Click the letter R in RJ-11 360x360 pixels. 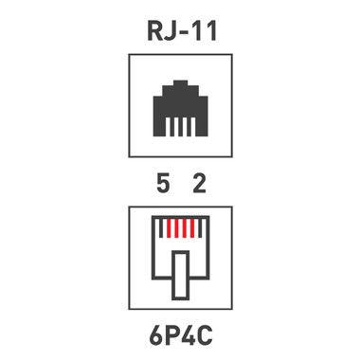point(156,31)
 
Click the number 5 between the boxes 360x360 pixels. point(163,184)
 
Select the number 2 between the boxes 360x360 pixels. point(199,184)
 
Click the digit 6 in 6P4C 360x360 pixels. point(155,335)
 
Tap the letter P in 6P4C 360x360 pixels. point(171,335)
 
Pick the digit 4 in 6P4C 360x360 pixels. point(187,335)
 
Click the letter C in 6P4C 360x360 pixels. point(205,335)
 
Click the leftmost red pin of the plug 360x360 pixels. point(169,228)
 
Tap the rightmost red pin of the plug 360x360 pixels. point(192,228)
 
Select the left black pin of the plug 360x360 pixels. point(161,228)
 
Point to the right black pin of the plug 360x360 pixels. point(200,228)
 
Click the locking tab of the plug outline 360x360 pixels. point(181,276)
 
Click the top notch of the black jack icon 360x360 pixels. point(181,83)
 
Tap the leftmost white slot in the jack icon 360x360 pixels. point(169,127)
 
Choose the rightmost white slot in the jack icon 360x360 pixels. point(193,127)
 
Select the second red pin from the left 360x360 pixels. point(176,228)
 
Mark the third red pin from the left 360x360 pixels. point(185,228)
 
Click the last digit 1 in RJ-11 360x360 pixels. point(211,31)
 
